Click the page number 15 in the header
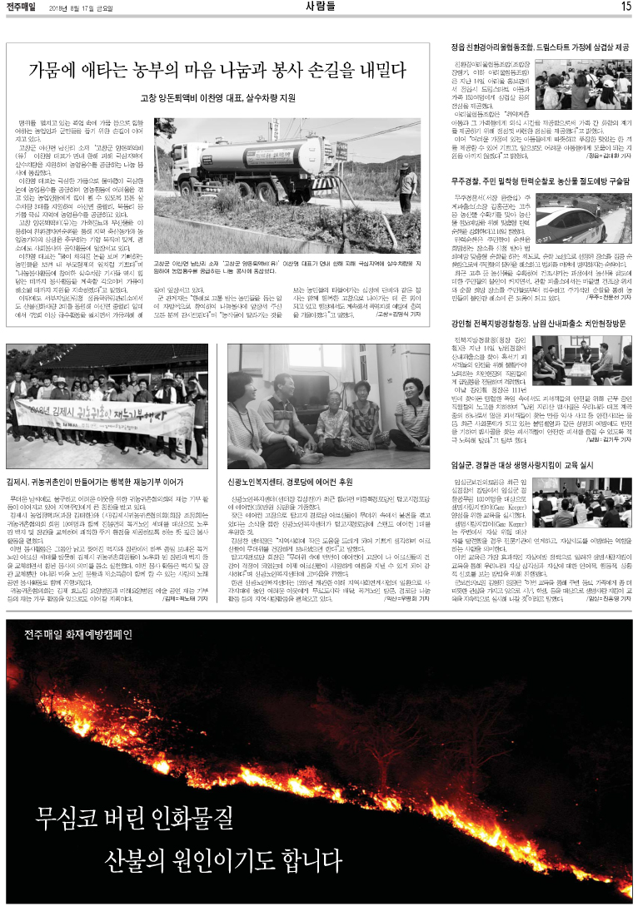(626, 7)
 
